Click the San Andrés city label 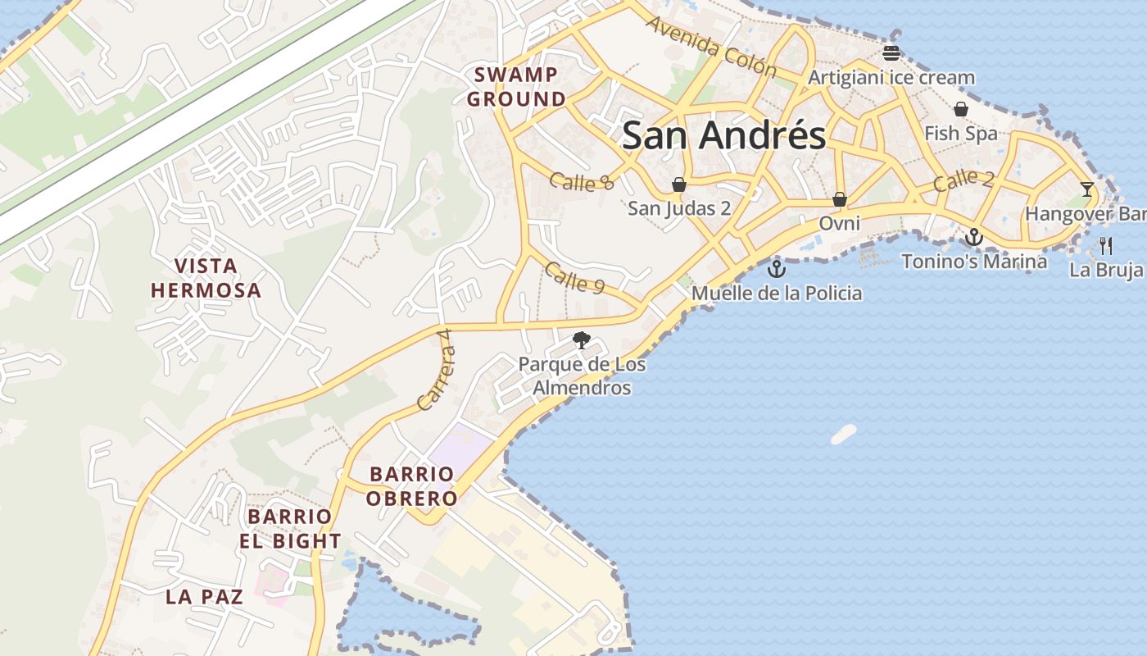723,135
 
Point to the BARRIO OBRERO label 411,486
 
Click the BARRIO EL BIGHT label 290,529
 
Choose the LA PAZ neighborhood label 205,597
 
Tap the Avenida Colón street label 711,47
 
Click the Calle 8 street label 582,182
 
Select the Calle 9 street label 574,278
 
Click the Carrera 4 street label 435,379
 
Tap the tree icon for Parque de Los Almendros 582,339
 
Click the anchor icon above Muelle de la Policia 776,268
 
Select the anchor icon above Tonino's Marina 973,237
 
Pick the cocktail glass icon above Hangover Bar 1086,189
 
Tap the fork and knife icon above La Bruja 1106,244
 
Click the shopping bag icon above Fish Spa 961,109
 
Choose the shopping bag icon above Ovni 840,199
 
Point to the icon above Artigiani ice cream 891,53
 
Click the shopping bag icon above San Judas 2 679,184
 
